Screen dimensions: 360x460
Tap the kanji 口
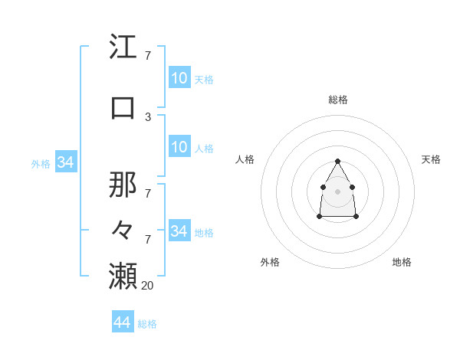click(123, 106)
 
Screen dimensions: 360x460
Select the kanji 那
click(123, 185)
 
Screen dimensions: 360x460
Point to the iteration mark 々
click(123, 229)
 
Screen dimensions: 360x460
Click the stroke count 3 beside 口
click(148, 116)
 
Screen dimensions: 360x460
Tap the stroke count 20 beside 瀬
click(148, 285)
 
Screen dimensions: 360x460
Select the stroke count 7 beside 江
click(148, 57)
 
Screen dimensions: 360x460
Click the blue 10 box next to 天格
click(179, 78)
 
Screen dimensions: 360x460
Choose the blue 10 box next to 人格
click(179, 147)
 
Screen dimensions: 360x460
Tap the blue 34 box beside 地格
click(179, 231)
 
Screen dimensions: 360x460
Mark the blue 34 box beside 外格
click(65, 162)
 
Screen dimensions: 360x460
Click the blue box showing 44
click(123, 322)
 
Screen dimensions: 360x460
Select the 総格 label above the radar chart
click(338, 100)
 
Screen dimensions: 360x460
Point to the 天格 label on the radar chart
click(431, 159)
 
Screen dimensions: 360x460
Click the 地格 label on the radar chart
click(402, 262)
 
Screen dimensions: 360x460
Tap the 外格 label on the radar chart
click(270, 262)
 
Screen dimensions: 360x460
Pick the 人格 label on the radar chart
click(245, 159)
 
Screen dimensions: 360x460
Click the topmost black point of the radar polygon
click(338, 161)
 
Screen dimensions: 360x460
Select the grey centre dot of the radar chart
click(338, 191)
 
